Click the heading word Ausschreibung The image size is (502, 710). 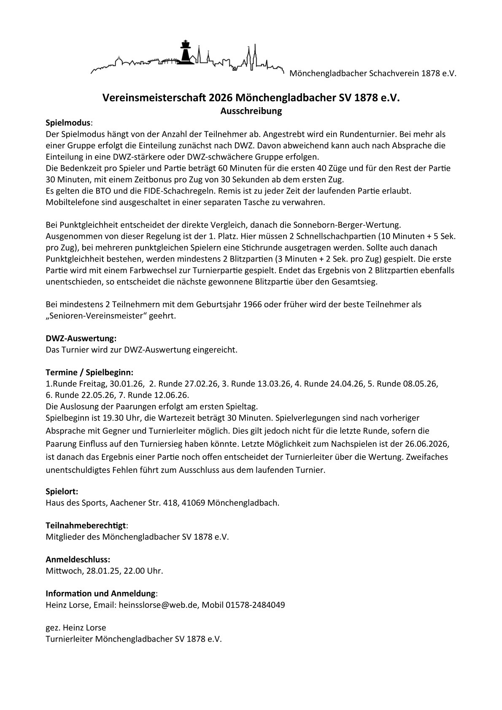pyautogui.click(x=251, y=111)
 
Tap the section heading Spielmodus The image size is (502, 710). pyautogui.click(x=68, y=123)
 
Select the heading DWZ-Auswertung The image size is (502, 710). pyautogui.click(x=81, y=338)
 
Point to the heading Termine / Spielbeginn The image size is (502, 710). pyautogui.click(x=89, y=373)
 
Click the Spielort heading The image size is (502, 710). pyautogui.click(x=62, y=491)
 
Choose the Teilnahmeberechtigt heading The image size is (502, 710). pyautogui.click(x=86, y=526)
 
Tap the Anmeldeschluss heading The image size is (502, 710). pyautogui.click(x=78, y=560)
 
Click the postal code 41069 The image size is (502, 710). pyautogui.click(x=194, y=503)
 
